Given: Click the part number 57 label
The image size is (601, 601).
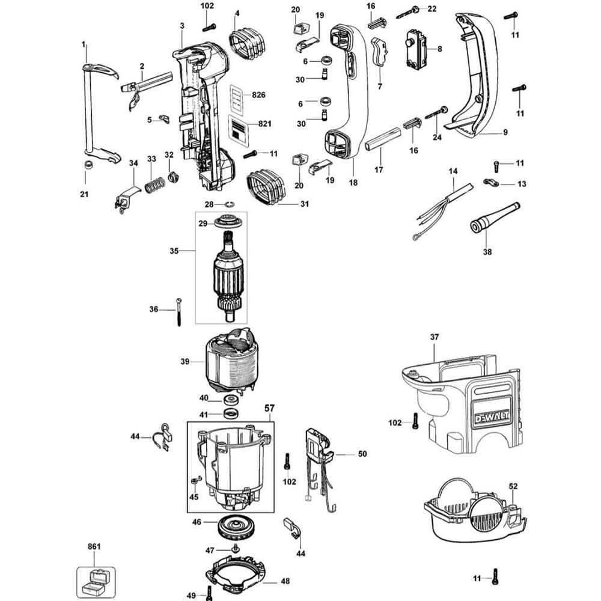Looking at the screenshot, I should point(268,408).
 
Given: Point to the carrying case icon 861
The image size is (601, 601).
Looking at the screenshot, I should point(94,580).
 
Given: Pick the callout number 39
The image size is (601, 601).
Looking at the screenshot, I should point(185,361).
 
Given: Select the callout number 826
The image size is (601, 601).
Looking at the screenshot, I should point(259,95).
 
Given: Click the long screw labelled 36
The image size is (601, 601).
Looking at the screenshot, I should point(179,311).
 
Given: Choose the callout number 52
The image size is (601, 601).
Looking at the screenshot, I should point(513,486).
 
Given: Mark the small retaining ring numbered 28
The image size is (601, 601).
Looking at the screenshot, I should point(229,205).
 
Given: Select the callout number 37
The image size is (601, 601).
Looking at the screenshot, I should point(435,337).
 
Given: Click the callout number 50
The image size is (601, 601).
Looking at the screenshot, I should point(362,454).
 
